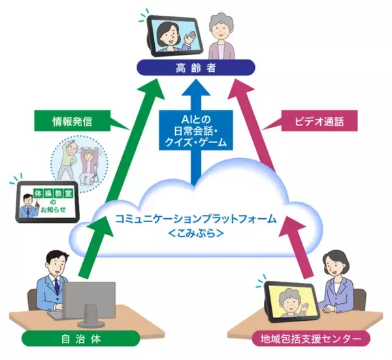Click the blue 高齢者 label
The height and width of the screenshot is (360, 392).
(x=196, y=67)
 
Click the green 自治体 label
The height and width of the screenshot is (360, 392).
(x=80, y=338)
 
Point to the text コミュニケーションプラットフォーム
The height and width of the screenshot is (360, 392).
(x=195, y=218)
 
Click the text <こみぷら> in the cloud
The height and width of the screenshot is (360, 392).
(x=195, y=233)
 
